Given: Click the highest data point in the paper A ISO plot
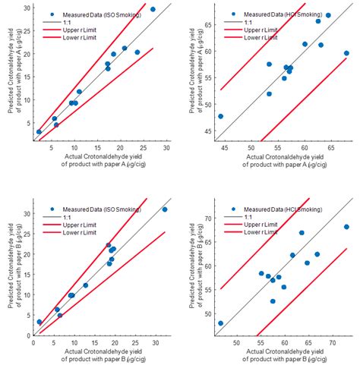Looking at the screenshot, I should [153, 9].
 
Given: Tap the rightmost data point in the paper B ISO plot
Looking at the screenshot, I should [165, 209].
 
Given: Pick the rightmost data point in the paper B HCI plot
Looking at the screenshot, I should [346, 227].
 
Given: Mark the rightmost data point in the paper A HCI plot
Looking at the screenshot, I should [346, 53].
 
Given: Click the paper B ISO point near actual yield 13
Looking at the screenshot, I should [86, 285].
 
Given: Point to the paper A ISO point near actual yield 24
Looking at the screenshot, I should [137, 52].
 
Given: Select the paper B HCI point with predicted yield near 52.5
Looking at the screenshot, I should [273, 301].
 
